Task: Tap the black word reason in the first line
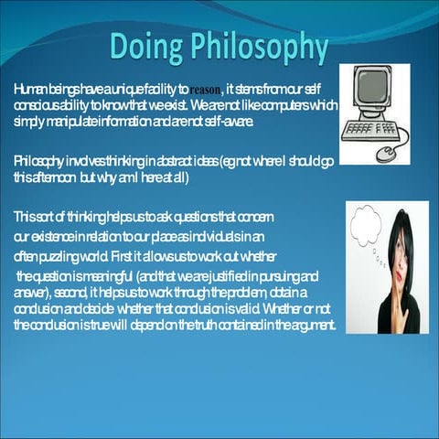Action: click(206, 91)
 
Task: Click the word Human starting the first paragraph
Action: click(28, 90)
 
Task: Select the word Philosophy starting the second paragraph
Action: click(35, 161)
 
